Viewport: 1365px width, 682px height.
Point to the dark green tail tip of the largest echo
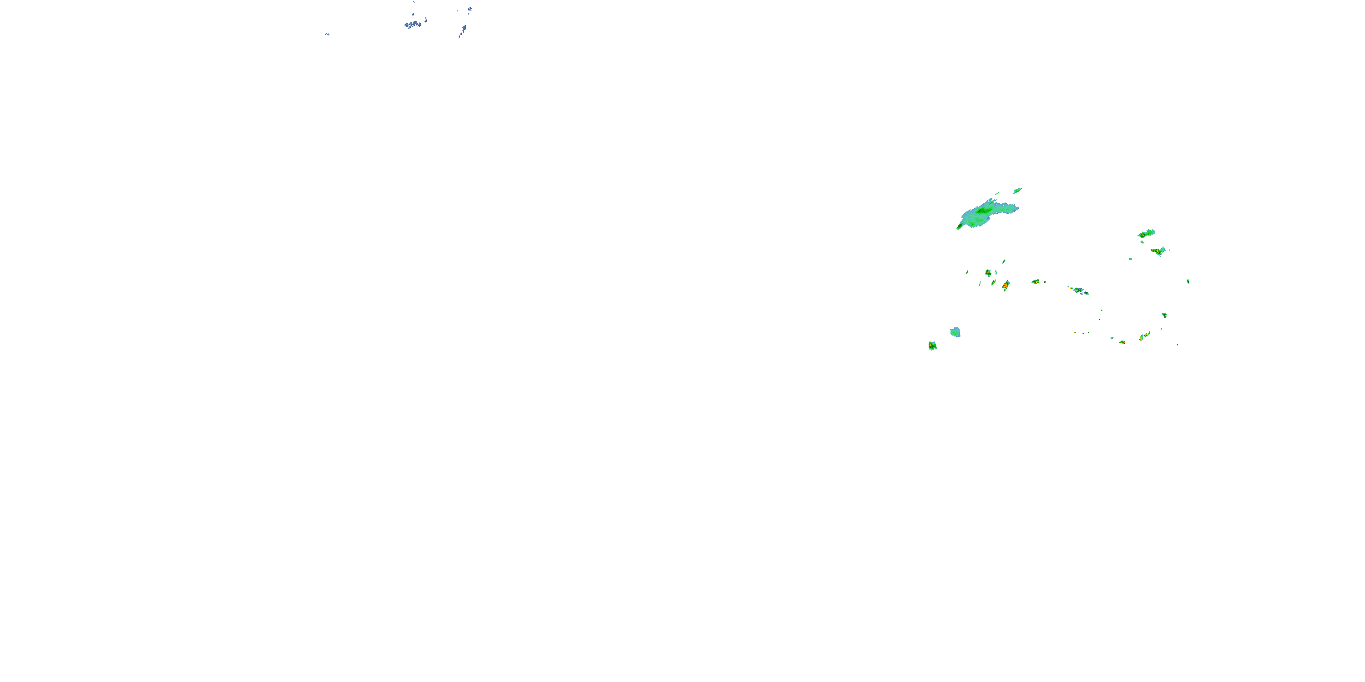960,227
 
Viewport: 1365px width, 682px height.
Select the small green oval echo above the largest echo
1017,191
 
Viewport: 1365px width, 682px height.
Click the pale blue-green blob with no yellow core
955,332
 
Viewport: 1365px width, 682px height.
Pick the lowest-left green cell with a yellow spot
932,346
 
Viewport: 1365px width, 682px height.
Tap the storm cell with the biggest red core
1005,286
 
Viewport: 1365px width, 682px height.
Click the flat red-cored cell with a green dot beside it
1036,282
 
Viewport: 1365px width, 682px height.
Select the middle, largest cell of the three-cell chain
1078,291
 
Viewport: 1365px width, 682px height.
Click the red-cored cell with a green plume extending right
1146,234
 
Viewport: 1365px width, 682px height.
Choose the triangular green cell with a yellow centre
1158,251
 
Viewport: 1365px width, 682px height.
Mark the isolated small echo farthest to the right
1188,281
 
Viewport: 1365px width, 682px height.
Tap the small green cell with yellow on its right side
1164,315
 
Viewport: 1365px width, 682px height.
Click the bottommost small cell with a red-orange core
1122,342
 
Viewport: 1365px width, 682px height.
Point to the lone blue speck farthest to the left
327,35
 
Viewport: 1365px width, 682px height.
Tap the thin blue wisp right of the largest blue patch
426,20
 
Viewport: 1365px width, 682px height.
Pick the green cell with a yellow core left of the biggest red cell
988,273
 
